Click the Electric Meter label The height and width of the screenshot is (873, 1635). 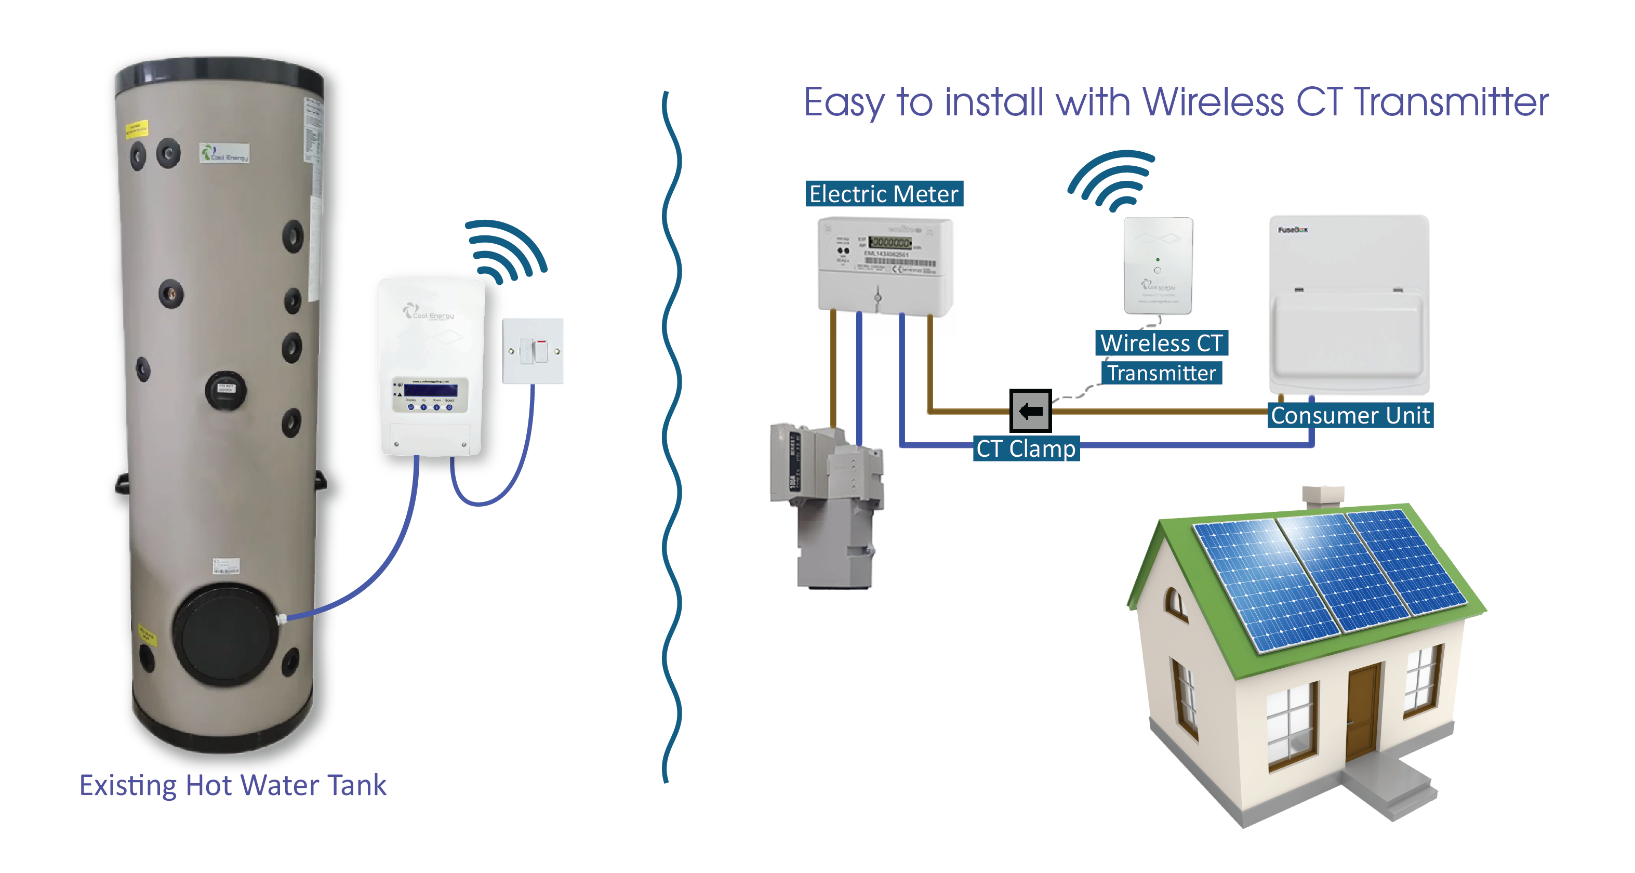point(884,194)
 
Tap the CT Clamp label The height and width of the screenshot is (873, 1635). point(1026,449)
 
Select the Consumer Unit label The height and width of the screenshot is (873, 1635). point(1350,415)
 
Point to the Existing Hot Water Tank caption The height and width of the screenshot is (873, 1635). point(232,785)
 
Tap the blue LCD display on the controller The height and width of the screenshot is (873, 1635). point(430,390)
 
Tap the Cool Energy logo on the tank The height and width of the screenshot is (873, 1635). point(224,153)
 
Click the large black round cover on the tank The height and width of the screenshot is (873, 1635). point(225,636)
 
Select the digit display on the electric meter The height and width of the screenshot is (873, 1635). point(890,243)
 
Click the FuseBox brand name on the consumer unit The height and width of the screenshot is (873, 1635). point(1292,230)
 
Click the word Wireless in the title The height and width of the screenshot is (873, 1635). point(1212,102)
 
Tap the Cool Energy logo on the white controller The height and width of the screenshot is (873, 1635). point(429,313)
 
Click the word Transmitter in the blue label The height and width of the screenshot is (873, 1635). point(1162,373)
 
